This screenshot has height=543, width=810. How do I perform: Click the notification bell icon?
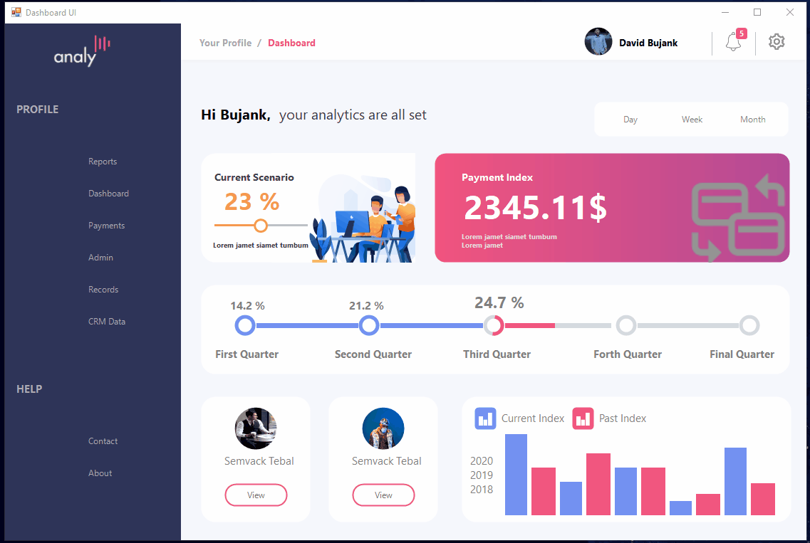pyautogui.click(x=733, y=43)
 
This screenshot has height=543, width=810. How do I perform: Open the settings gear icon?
pyautogui.click(x=777, y=42)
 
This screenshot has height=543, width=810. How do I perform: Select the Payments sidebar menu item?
pyautogui.click(x=106, y=226)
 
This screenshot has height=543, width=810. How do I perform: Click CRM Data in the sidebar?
pyautogui.click(x=107, y=322)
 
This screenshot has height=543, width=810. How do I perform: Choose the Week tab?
pyautogui.click(x=692, y=120)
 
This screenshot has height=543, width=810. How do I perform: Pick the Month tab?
pyautogui.click(x=752, y=120)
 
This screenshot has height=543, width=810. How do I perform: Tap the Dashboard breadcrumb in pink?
pyautogui.click(x=291, y=43)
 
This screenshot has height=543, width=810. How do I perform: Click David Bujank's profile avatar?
pyautogui.click(x=598, y=42)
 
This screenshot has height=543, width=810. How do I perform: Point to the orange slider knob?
pyautogui.click(x=261, y=226)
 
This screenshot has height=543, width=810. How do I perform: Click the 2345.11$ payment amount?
pyautogui.click(x=535, y=208)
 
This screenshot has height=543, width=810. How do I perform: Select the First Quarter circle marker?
pyautogui.click(x=245, y=326)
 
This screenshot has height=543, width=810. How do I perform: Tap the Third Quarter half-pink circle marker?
pyautogui.click(x=494, y=326)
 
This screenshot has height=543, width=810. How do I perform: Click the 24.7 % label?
pyautogui.click(x=499, y=303)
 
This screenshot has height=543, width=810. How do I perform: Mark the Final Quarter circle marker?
pyautogui.click(x=749, y=326)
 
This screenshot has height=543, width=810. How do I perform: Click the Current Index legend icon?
pyautogui.click(x=485, y=418)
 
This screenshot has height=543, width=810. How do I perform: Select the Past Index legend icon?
pyautogui.click(x=583, y=418)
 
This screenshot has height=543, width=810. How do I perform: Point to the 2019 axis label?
pyautogui.click(x=482, y=475)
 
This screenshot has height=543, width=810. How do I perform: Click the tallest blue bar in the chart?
pyautogui.click(x=516, y=474)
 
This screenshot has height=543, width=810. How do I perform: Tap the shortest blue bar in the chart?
pyautogui.click(x=680, y=507)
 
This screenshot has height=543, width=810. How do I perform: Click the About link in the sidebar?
pyautogui.click(x=100, y=473)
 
